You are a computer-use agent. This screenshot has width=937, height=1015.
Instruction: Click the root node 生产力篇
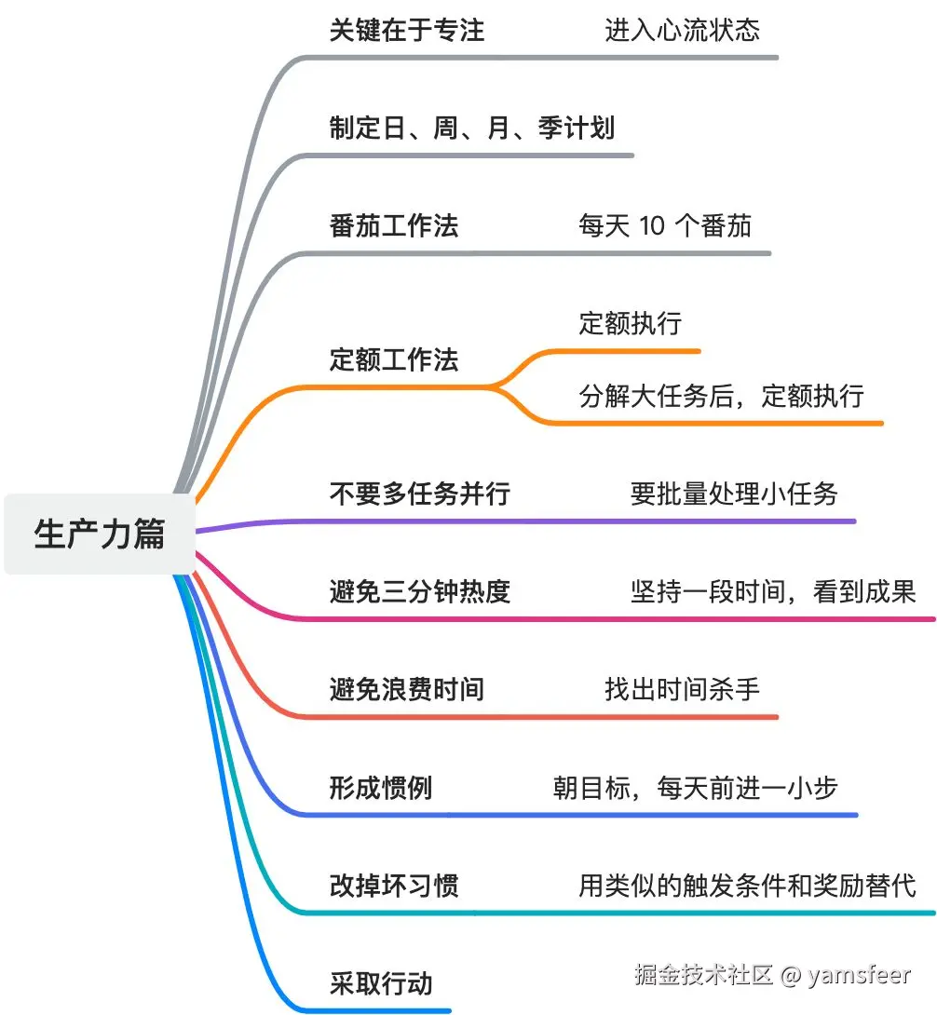(x=100, y=535)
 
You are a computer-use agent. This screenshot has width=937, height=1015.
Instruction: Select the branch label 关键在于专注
(x=407, y=30)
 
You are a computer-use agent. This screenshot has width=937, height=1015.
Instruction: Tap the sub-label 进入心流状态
(x=682, y=30)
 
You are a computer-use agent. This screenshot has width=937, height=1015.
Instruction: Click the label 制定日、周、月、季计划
(x=472, y=128)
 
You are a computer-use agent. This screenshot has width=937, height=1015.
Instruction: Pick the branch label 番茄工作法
(x=394, y=225)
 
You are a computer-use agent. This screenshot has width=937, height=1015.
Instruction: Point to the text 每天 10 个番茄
(x=665, y=225)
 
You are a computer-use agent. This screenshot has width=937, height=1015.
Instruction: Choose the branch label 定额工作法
(x=394, y=359)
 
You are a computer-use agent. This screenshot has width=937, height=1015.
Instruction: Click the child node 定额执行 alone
(x=631, y=323)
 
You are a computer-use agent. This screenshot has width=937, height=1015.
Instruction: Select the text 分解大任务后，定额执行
(x=722, y=396)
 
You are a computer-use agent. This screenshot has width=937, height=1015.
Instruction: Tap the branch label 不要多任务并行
(x=420, y=493)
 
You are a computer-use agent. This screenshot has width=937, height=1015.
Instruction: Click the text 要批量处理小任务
(x=734, y=494)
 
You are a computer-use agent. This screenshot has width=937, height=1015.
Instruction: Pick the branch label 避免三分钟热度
(x=420, y=590)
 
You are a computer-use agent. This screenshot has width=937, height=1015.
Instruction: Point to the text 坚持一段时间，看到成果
(x=773, y=590)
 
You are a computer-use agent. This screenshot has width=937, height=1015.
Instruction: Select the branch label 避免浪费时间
(x=407, y=689)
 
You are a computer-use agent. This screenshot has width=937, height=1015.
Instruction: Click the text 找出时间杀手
(x=682, y=689)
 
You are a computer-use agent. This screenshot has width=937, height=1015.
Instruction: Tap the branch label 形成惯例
(x=381, y=788)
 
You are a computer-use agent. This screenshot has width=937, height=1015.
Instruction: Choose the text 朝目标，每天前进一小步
(x=696, y=788)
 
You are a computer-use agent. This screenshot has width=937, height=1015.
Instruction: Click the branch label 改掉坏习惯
(x=394, y=885)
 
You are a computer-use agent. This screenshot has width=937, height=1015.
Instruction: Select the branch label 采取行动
(x=381, y=983)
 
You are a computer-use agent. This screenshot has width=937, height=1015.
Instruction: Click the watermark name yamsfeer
(x=859, y=975)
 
